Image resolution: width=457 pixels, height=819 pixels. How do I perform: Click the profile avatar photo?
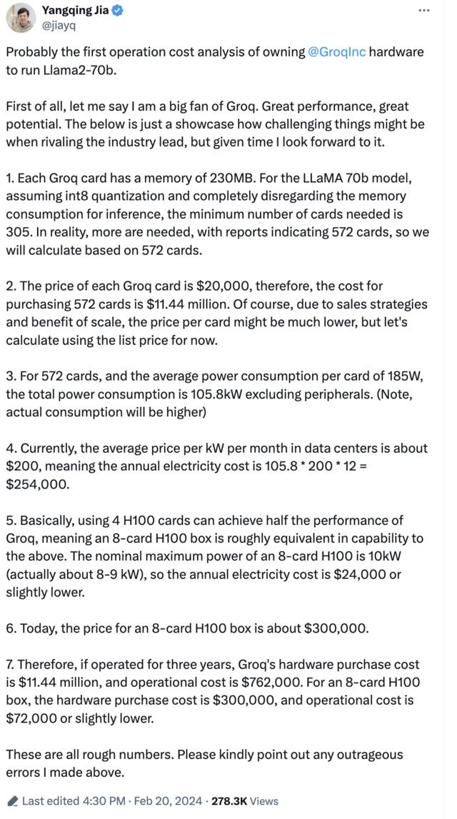[x=21, y=17]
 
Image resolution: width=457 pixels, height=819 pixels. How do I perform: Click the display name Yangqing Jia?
[x=76, y=10]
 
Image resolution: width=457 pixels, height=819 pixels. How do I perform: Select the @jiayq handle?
[x=59, y=25]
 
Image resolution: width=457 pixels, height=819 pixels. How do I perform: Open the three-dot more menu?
[x=423, y=11]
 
